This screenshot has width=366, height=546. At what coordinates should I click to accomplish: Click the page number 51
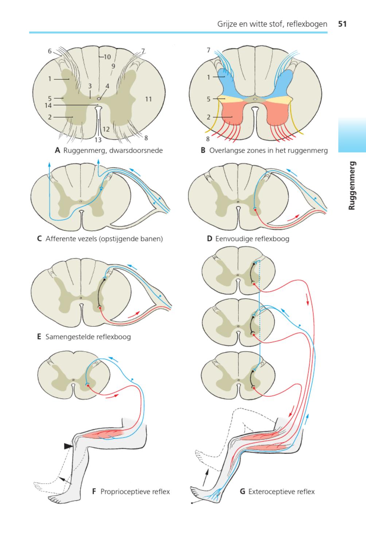(x=342, y=24)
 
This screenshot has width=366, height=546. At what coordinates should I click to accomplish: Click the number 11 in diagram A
(x=148, y=99)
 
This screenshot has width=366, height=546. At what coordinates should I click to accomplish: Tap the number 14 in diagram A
(x=48, y=106)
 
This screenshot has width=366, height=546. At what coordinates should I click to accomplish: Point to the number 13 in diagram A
(x=98, y=139)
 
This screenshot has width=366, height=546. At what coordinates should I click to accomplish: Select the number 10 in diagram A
(x=107, y=57)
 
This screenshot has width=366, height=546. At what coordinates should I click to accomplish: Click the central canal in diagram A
(x=99, y=98)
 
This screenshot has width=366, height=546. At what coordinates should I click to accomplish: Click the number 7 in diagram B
(x=209, y=50)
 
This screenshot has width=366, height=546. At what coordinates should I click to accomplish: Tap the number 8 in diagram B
(x=208, y=139)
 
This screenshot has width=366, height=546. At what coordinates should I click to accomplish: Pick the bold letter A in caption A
(x=57, y=150)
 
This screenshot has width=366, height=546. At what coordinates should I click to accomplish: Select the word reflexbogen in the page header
(x=307, y=24)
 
